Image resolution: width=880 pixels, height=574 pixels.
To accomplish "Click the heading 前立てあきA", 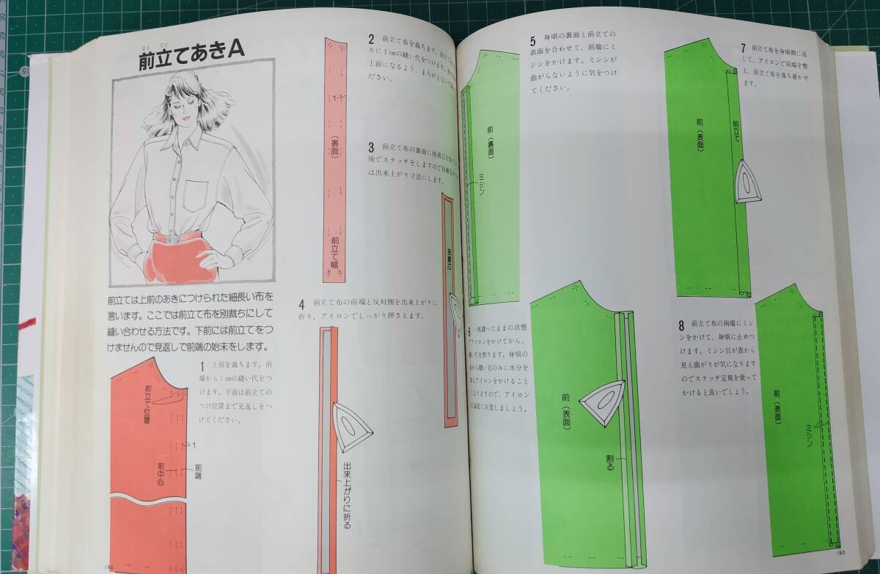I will click(191, 62).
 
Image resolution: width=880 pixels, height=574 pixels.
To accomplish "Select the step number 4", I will click(301, 303).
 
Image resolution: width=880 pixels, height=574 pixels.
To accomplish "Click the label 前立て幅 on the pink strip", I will click(334, 253).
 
